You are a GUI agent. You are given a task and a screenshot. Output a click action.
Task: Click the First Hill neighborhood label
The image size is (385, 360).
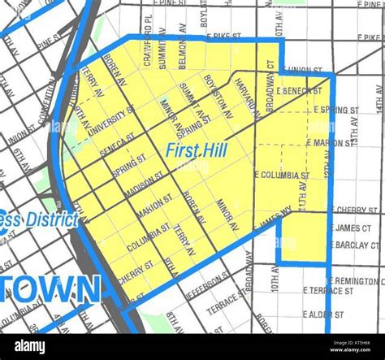pyautogui.click(x=196, y=150)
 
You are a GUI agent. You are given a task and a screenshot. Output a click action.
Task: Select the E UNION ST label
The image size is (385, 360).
pyautogui.click(x=305, y=70)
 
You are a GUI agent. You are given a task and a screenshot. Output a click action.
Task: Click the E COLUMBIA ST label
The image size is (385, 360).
pyautogui.click(x=283, y=175)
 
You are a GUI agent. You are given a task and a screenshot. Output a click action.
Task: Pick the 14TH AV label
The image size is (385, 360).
pyautogui.click(x=379, y=98)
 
